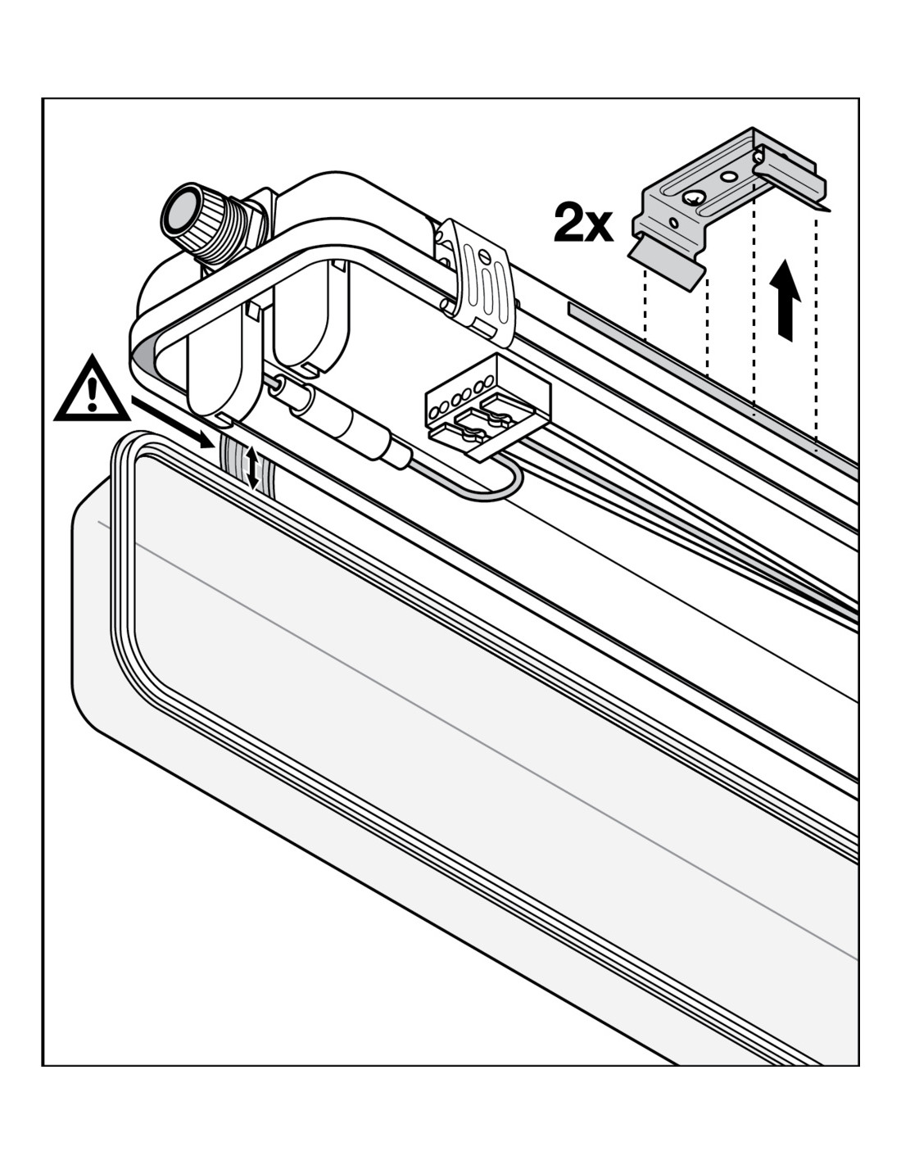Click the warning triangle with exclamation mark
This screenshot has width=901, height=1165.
tap(91, 391)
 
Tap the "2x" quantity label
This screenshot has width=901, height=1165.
tap(582, 223)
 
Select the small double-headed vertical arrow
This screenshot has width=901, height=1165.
tap(252, 469)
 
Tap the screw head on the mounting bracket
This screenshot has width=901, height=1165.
tap(694, 197)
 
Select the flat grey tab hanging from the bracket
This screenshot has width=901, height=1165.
tap(668, 261)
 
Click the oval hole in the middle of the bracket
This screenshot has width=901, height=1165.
tap(727, 175)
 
